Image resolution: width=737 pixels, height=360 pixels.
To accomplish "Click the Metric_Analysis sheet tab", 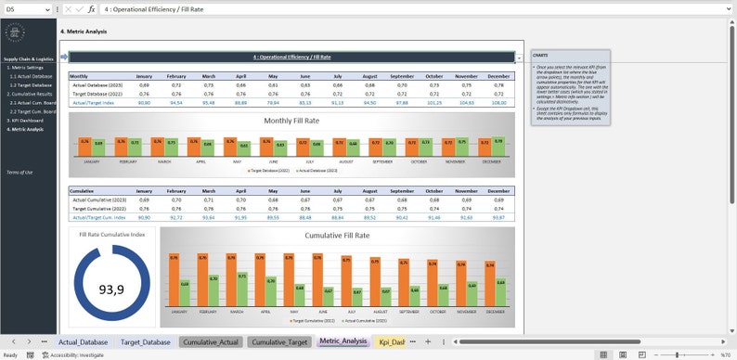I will (343, 341).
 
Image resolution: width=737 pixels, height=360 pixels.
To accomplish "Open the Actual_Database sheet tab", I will (84, 341).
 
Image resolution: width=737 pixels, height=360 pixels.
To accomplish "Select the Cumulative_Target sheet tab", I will (279, 341).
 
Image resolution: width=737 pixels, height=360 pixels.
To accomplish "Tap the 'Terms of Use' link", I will (19, 172).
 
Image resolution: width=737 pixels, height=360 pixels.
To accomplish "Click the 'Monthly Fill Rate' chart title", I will (291, 122).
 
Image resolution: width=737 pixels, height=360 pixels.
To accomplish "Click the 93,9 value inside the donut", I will (111, 289).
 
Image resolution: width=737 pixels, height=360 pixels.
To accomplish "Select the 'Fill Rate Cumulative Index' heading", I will (111, 235).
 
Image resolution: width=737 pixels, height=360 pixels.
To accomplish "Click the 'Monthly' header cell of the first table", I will (79, 76).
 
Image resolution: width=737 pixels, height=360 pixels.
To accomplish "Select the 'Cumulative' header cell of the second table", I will (82, 191).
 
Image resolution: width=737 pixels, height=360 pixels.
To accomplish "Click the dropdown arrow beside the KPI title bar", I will (519, 58).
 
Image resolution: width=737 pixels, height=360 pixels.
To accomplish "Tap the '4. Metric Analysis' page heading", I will (84, 31).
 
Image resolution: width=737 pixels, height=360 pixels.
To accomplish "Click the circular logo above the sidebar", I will (15, 32).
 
